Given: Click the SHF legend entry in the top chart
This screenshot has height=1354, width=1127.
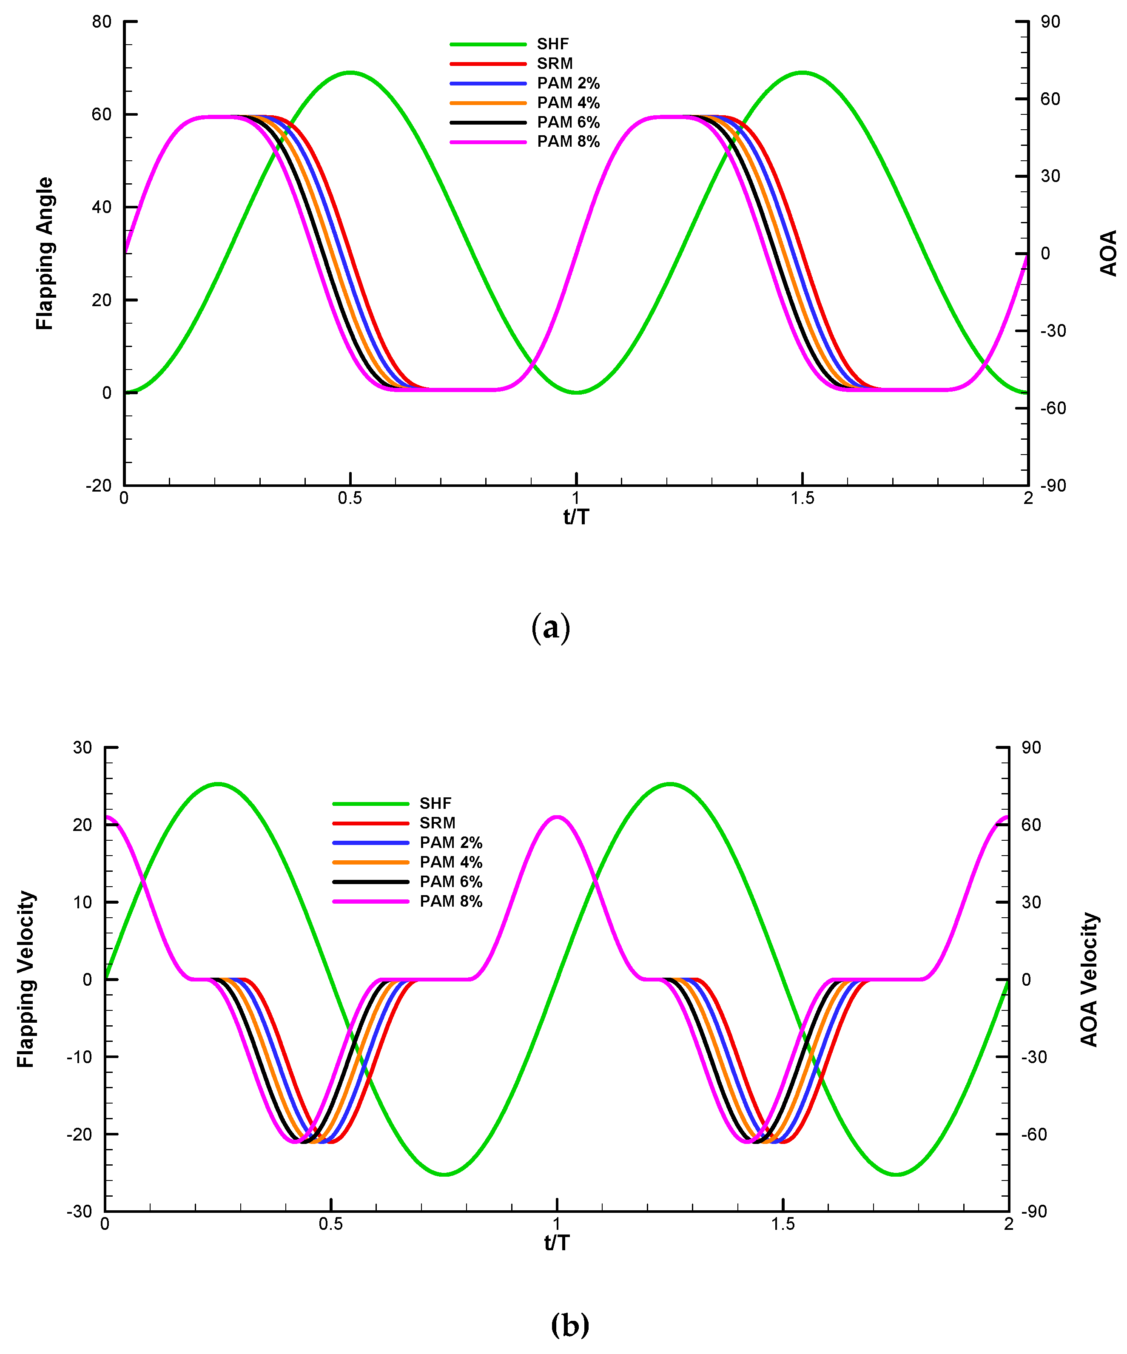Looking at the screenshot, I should (552, 44).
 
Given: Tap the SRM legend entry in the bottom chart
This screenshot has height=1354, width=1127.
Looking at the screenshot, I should (437, 823).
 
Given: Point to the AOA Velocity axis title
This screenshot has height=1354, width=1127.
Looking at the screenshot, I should (1089, 979).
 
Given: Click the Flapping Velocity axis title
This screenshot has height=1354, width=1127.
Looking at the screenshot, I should (25, 979).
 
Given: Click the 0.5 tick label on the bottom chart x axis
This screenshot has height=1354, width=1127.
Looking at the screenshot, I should (331, 1224).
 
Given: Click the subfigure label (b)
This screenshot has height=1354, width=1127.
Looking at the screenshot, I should (569, 1325).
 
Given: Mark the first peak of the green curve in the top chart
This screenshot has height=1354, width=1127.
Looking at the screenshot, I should (350, 72).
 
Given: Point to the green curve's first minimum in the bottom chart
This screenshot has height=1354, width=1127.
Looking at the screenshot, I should (444, 1174).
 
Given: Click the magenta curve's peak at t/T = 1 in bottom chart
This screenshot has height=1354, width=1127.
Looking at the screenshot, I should (557, 817).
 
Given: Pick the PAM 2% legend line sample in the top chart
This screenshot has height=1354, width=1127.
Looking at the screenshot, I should (488, 83).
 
